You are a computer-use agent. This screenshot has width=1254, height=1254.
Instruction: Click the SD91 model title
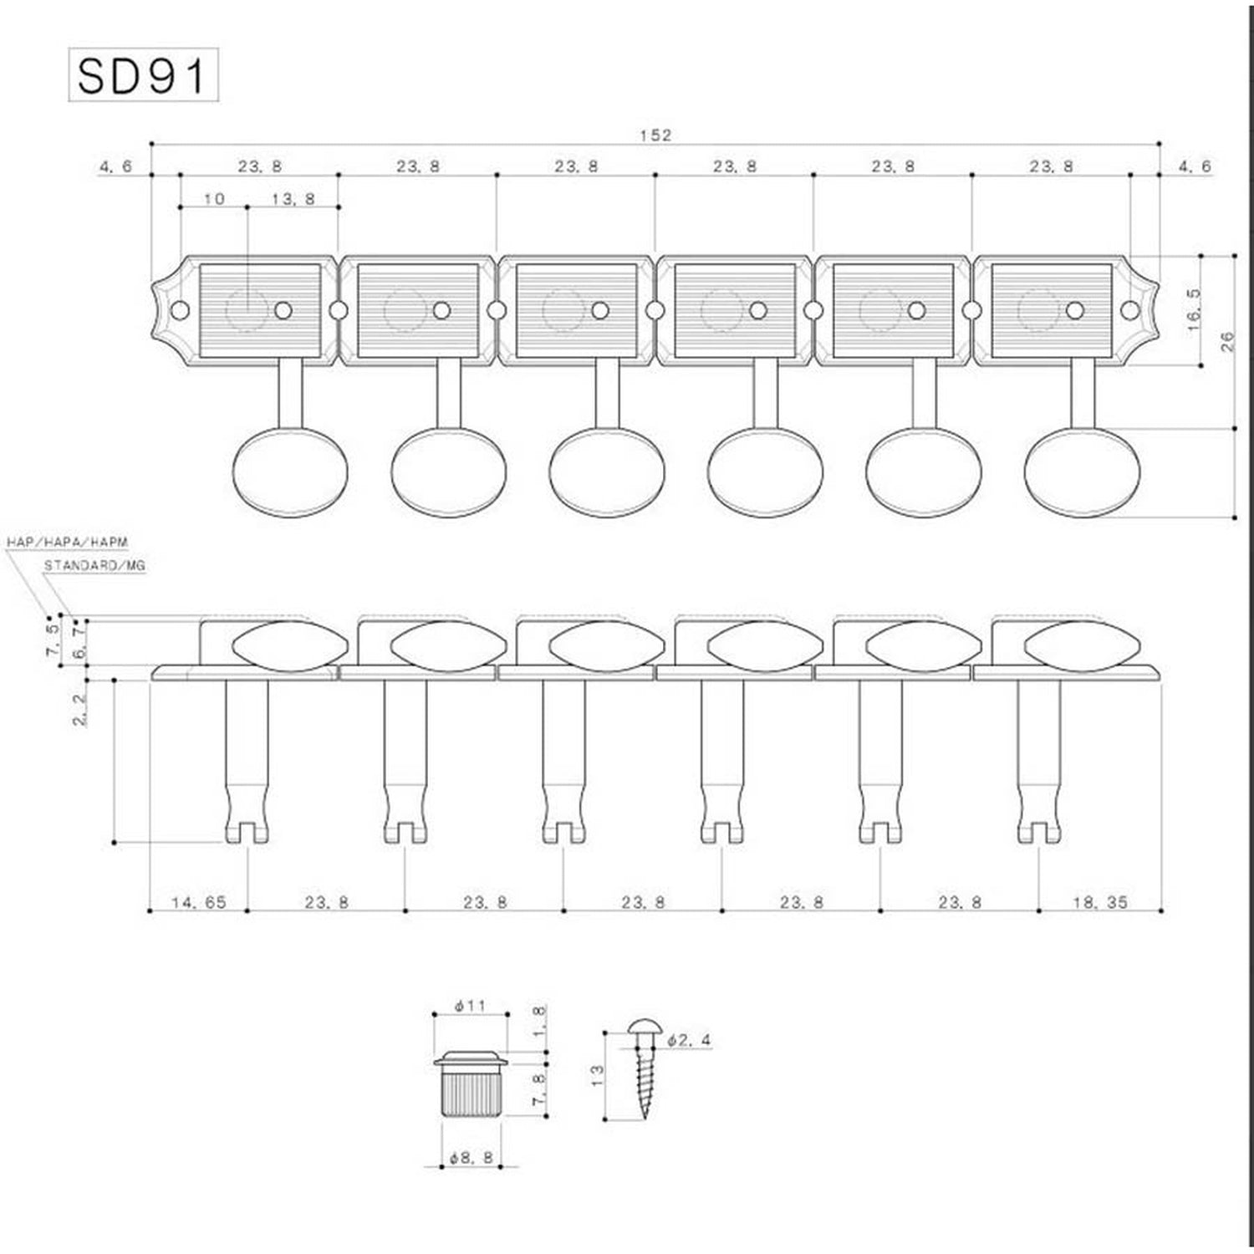pyautogui.click(x=142, y=76)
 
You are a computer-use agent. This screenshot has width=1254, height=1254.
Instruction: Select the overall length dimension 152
pyautogui.click(x=656, y=135)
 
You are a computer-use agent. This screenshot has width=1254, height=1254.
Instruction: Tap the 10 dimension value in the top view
pyautogui.click(x=215, y=199)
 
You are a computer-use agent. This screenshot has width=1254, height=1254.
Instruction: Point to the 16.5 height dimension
pyautogui.click(x=1194, y=311)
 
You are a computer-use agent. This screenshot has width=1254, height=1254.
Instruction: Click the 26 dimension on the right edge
pyautogui.click(x=1227, y=341)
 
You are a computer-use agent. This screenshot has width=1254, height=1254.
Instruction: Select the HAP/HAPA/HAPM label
pyautogui.click(x=68, y=543)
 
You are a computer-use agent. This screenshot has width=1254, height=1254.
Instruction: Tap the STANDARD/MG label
pyautogui.click(x=94, y=566)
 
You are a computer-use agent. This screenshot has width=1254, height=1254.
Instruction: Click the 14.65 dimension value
pyautogui.click(x=199, y=902)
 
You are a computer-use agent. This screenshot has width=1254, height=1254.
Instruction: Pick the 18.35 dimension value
pyautogui.click(x=1100, y=902)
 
